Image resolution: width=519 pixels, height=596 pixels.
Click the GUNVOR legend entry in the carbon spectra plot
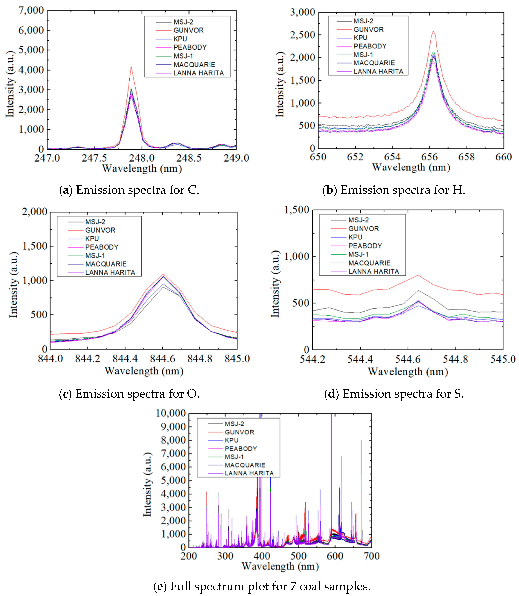tap(188, 30)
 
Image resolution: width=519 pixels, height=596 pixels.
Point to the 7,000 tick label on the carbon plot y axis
tap(31, 10)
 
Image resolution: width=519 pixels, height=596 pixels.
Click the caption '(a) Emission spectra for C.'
tap(129, 190)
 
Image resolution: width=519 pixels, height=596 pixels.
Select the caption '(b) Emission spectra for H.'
tap(394, 190)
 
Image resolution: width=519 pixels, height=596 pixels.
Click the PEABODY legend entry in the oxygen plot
tap(102, 247)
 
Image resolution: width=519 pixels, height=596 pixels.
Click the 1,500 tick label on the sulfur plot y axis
tap(297, 210)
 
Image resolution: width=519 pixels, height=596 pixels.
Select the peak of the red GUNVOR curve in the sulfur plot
tap(418, 275)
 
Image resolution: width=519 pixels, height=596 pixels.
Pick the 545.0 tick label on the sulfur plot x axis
tap(503, 359)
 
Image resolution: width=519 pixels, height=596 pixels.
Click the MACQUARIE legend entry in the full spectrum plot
tap(245, 465)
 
